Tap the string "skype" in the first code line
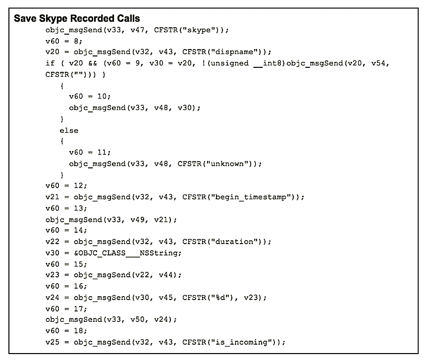click(200, 30)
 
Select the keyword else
click(69, 130)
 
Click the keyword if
click(49, 63)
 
